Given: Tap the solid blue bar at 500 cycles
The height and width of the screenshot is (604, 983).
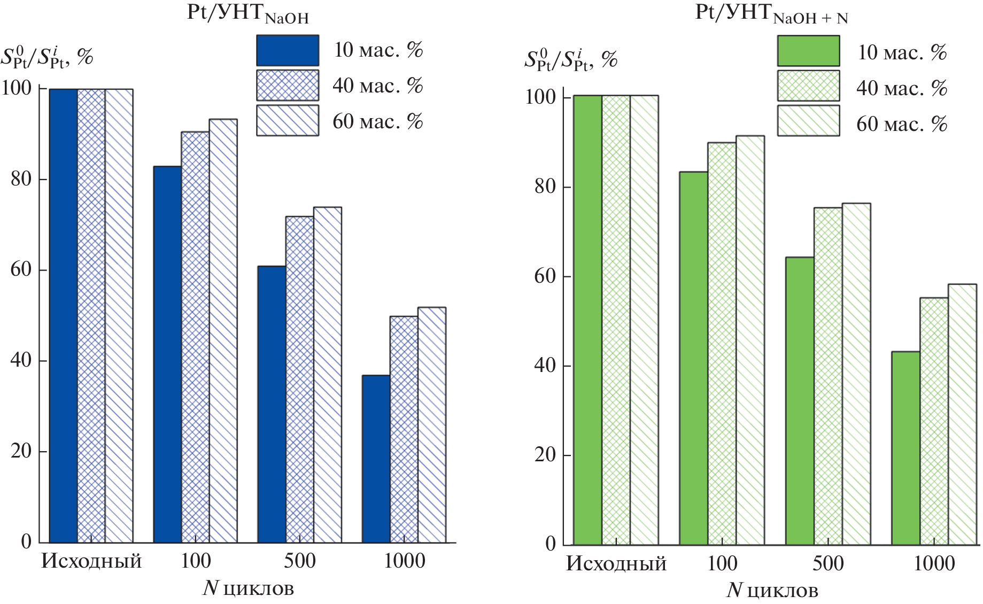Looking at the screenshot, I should (x=272, y=404).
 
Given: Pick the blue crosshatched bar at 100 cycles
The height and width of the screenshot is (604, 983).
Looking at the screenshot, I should (x=195, y=337).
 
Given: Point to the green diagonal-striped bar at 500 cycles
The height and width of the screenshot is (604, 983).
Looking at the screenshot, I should (x=856, y=374).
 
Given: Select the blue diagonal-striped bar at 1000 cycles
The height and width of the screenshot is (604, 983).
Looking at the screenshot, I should (x=432, y=425).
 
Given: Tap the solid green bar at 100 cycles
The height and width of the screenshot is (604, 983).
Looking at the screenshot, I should (x=694, y=358).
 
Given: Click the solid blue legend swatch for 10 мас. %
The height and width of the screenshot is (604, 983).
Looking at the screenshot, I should (x=288, y=50).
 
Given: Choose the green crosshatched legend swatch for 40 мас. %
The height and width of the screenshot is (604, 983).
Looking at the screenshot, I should (x=808, y=86).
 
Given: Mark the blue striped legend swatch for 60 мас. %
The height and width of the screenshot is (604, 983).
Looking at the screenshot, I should (x=288, y=120).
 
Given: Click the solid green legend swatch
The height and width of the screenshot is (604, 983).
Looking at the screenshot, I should (x=808, y=51).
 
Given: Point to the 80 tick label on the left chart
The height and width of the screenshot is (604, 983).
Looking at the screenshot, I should (x=21, y=179).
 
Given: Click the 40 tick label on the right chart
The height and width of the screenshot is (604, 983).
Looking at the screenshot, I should (x=545, y=366).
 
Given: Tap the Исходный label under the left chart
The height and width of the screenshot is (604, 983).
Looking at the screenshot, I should (x=91, y=561).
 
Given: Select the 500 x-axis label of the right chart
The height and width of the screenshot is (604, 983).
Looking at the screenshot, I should (x=828, y=563).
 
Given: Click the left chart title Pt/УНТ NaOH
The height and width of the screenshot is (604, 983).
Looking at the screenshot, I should (x=247, y=13).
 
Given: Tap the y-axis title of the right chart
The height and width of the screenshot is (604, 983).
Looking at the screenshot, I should (x=570, y=60).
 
